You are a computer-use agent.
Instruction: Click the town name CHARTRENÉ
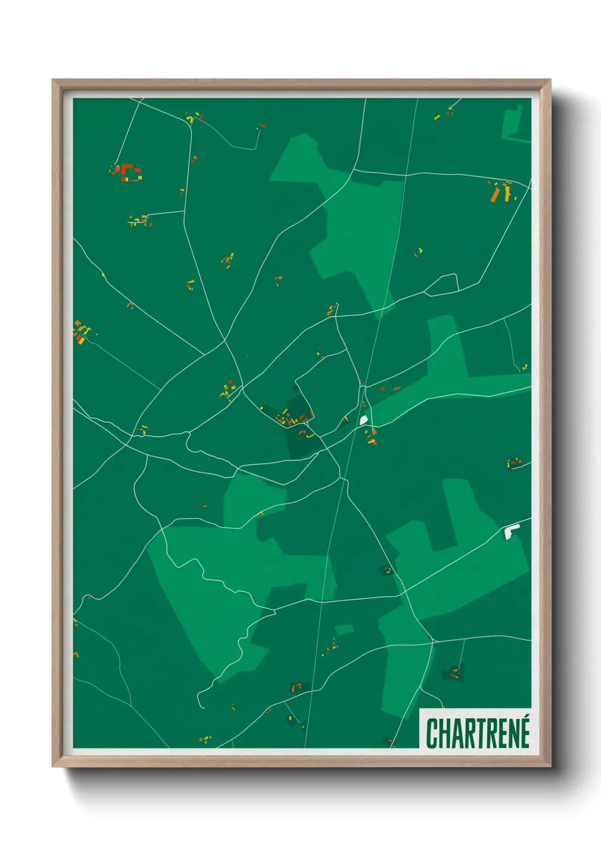coord(478,733)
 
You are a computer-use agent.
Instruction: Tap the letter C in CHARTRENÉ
coord(432,734)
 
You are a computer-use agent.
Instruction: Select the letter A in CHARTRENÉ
coord(458,734)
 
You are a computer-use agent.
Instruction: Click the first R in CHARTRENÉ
coord(470,734)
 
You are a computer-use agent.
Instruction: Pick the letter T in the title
coord(482,734)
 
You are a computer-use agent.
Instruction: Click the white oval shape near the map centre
coord(364,420)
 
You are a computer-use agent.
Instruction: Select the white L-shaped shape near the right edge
coord(511,531)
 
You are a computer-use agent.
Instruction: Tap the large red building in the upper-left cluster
coord(127,170)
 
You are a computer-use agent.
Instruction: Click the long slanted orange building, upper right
coord(495,194)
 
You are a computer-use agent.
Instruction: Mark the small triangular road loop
coord(441,285)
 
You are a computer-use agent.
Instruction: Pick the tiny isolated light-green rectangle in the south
coord(343,630)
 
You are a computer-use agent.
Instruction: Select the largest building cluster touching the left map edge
coord(82,332)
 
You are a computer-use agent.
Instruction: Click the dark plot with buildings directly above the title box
coord(454,673)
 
